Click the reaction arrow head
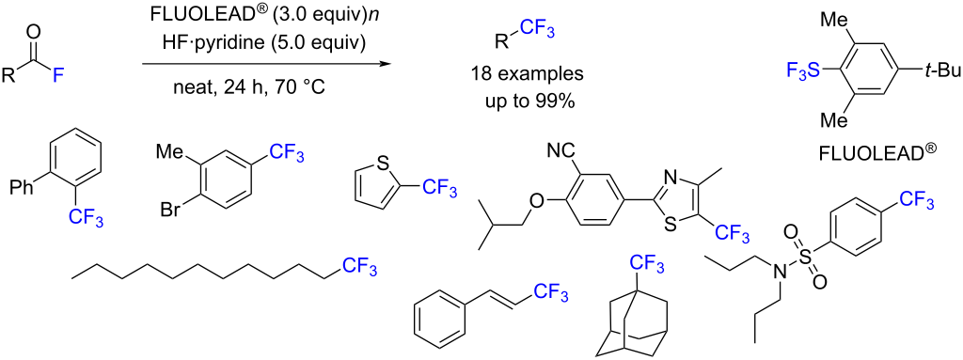pyautogui.click(x=386, y=65)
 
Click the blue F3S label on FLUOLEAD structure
pyautogui.click(x=802, y=68)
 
